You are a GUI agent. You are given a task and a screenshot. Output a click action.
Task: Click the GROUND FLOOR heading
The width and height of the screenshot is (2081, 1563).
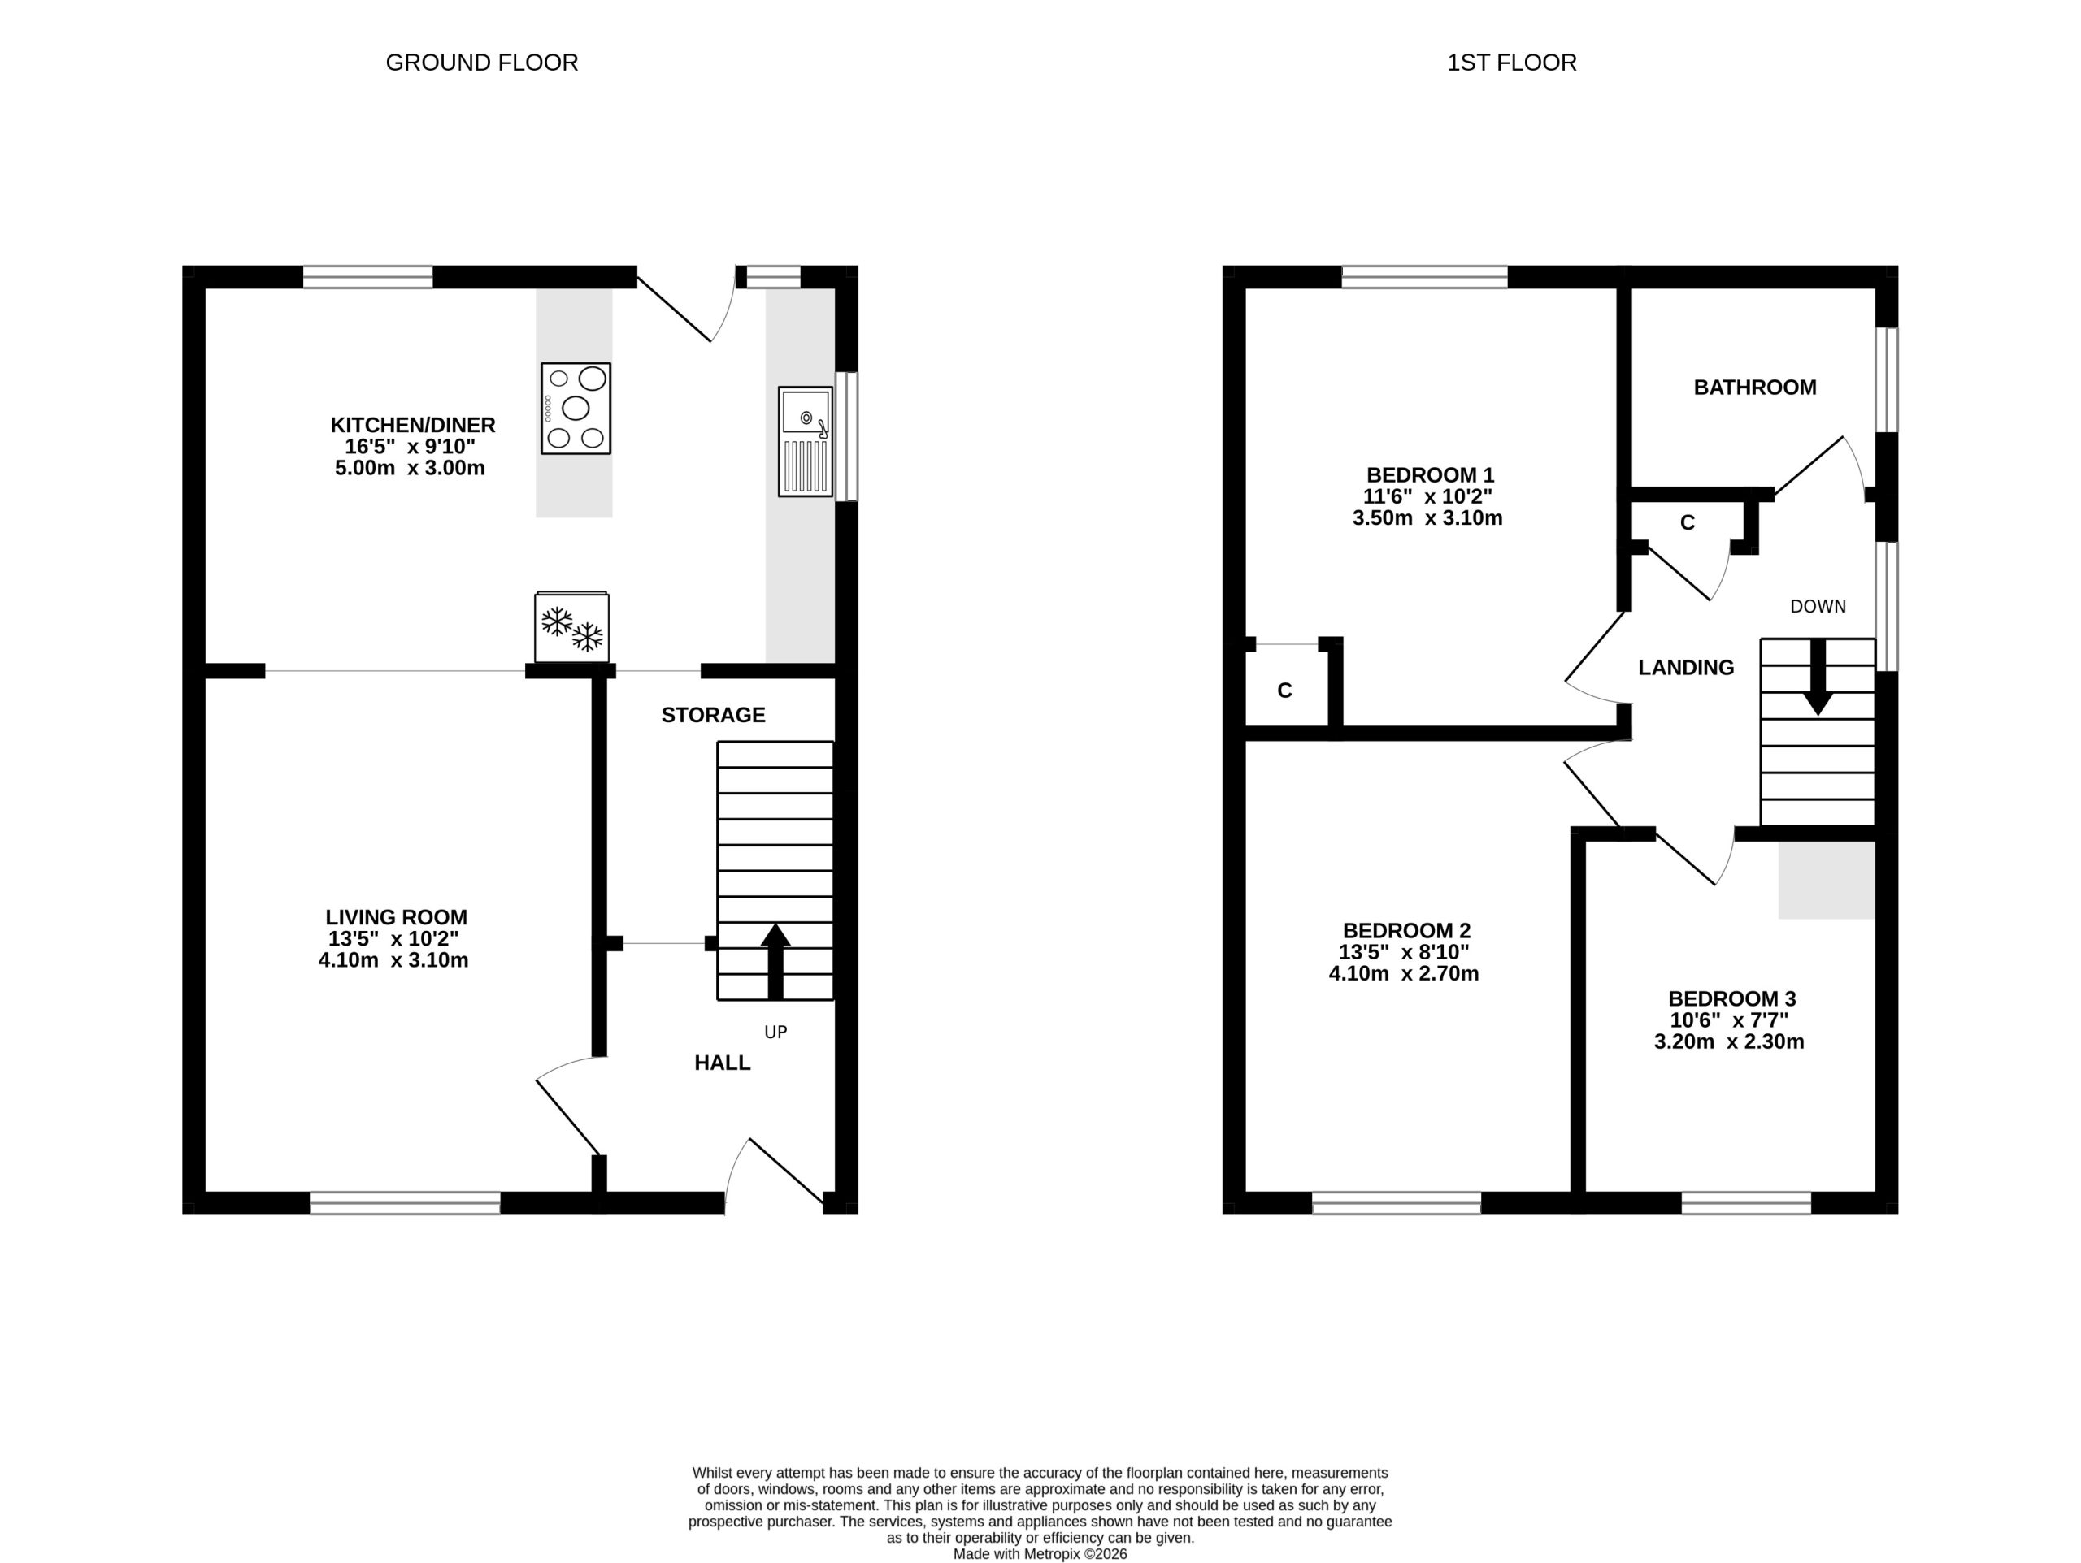(x=482, y=63)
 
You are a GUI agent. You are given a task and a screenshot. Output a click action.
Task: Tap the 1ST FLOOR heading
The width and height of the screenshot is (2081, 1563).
(x=1512, y=63)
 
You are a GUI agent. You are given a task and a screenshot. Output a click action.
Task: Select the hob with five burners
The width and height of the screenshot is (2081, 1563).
(x=576, y=408)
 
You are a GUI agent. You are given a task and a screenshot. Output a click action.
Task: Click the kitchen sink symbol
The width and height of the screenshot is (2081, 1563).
(x=806, y=441)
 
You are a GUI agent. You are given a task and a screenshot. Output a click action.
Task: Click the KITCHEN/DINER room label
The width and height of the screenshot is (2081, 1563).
(x=412, y=425)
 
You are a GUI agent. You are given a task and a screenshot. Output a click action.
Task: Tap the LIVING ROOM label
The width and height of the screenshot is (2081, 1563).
(x=396, y=917)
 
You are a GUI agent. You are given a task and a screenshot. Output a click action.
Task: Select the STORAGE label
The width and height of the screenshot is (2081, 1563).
(x=713, y=715)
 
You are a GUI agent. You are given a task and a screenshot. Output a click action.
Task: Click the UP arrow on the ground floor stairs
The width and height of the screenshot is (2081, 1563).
(x=775, y=961)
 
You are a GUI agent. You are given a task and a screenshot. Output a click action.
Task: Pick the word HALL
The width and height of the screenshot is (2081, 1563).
(x=723, y=1063)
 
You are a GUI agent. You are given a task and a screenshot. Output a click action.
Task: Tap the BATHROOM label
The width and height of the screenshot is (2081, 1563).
(x=1754, y=388)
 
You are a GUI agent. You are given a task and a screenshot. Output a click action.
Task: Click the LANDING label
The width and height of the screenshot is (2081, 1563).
(x=1686, y=668)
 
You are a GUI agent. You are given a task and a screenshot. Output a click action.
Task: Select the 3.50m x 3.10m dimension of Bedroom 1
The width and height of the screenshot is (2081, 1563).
(x=1427, y=518)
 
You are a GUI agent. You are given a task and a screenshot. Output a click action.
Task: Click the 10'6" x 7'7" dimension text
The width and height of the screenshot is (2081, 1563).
(x=1729, y=1020)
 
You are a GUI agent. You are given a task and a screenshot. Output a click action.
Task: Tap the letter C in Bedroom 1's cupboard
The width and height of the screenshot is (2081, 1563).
(x=1285, y=691)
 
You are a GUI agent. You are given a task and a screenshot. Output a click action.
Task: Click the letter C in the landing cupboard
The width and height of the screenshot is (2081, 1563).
(x=1688, y=523)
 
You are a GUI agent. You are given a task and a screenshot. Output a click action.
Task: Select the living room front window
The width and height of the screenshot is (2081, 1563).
(x=405, y=1203)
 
